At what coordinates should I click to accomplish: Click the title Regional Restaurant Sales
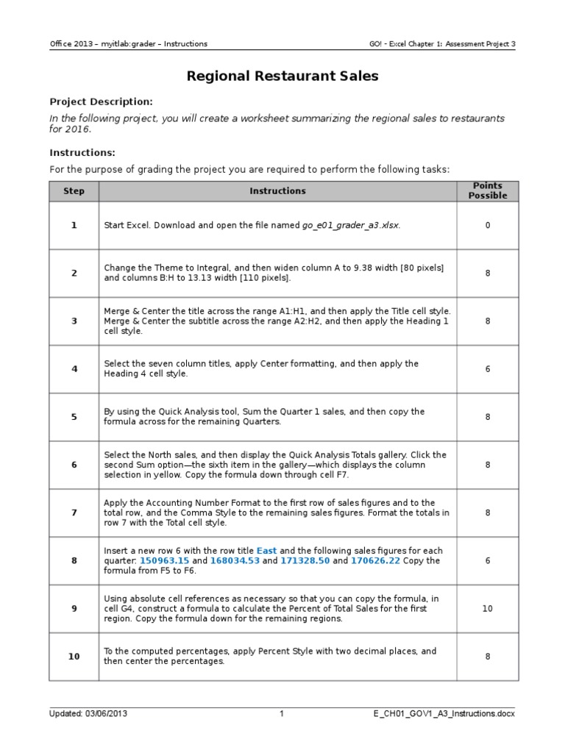pyautogui.click(x=282, y=76)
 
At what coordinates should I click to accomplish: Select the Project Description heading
pyautogui.click(x=101, y=101)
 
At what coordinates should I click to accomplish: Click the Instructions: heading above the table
pyautogui.click(x=82, y=152)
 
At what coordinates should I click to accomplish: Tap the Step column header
pyautogui.click(x=74, y=191)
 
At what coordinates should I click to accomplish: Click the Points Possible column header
pyautogui.click(x=488, y=191)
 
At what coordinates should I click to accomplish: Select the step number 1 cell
pyautogui.click(x=74, y=225)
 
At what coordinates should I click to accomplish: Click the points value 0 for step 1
pyautogui.click(x=488, y=225)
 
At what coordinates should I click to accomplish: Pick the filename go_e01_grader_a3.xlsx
pyautogui.click(x=351, y=225)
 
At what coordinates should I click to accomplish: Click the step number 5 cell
pyautogui.click(x=74, y=417)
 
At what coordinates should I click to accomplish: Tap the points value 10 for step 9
pyautogui.click(x=488, y=609)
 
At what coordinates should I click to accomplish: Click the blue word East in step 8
pyautogui.click(x=267, y=551)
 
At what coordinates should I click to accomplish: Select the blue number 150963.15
pyautogui.click(x=165, y=560)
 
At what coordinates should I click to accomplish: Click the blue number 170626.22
pyautogui.click(x=375, y=560)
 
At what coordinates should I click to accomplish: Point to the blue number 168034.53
pyautogui.click(x=235, y=560)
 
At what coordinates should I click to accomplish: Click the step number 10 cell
pyautogui.click(x=74, y=656)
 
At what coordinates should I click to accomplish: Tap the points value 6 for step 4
pyautogui.click(x=488, y=369)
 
